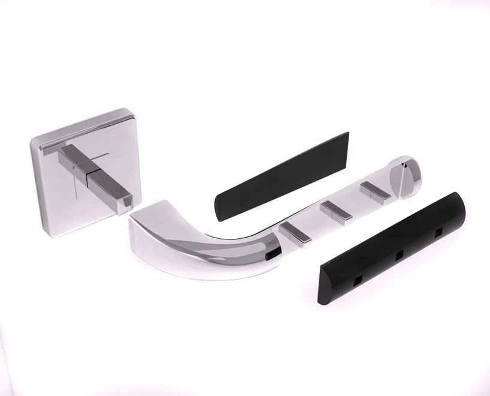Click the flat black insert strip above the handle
click(x=282, y=176)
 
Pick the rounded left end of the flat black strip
click(x=219, y=208)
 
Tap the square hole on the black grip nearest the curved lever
click(x=358, y=279)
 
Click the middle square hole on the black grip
click(x=398, y=255)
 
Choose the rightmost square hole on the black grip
click(x=438, y=231)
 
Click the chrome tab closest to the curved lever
click(x=295, y=233)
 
